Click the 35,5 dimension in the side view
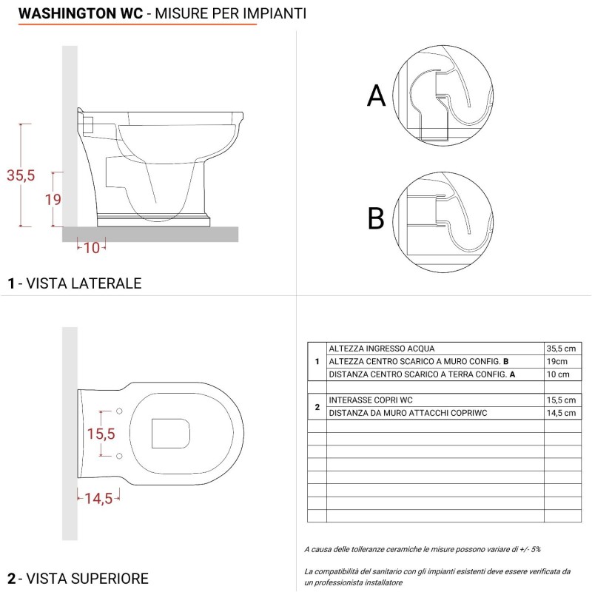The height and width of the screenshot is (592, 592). click(x=21, y=175)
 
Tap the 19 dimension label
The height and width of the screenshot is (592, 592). click(x=53, y=199)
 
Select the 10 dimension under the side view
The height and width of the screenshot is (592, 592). click(x=92, y=248)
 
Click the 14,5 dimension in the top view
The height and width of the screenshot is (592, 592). click(x=98, y=498)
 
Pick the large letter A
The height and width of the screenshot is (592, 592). click(x=377, y=96)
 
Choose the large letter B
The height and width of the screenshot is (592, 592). click(x=377, y=219)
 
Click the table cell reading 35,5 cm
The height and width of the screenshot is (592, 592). click(x=562, y=349)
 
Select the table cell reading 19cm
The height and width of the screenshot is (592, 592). click(x=558, y=361)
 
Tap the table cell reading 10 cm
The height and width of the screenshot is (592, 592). click(x=560, y=374)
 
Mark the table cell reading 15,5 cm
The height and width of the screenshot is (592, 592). click(x=562, y=400)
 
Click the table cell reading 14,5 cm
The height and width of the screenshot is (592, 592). click(x=562, y=413)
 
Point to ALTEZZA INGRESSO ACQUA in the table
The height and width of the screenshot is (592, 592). click(x=382, y=349)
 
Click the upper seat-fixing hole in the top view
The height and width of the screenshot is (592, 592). click(x=119, y=409)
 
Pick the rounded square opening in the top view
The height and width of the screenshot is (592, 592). click(x=170, y=433)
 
